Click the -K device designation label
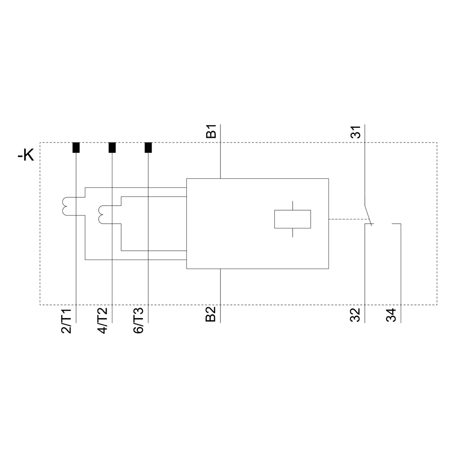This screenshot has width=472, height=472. click(26, 155)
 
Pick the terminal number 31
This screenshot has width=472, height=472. click(357, 132)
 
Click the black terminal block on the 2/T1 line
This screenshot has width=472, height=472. click(76, 148)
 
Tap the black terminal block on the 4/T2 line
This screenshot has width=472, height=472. click(112, 148)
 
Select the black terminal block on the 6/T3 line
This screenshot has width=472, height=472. click(148, 148)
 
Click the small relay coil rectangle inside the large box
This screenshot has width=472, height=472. click(293, 219)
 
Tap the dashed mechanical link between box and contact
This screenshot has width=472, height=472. click(347, 219)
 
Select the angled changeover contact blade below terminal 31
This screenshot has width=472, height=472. click(368, 215)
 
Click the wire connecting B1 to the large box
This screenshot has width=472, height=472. click(220, 160)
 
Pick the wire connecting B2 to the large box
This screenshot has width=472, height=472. click(220, 288)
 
